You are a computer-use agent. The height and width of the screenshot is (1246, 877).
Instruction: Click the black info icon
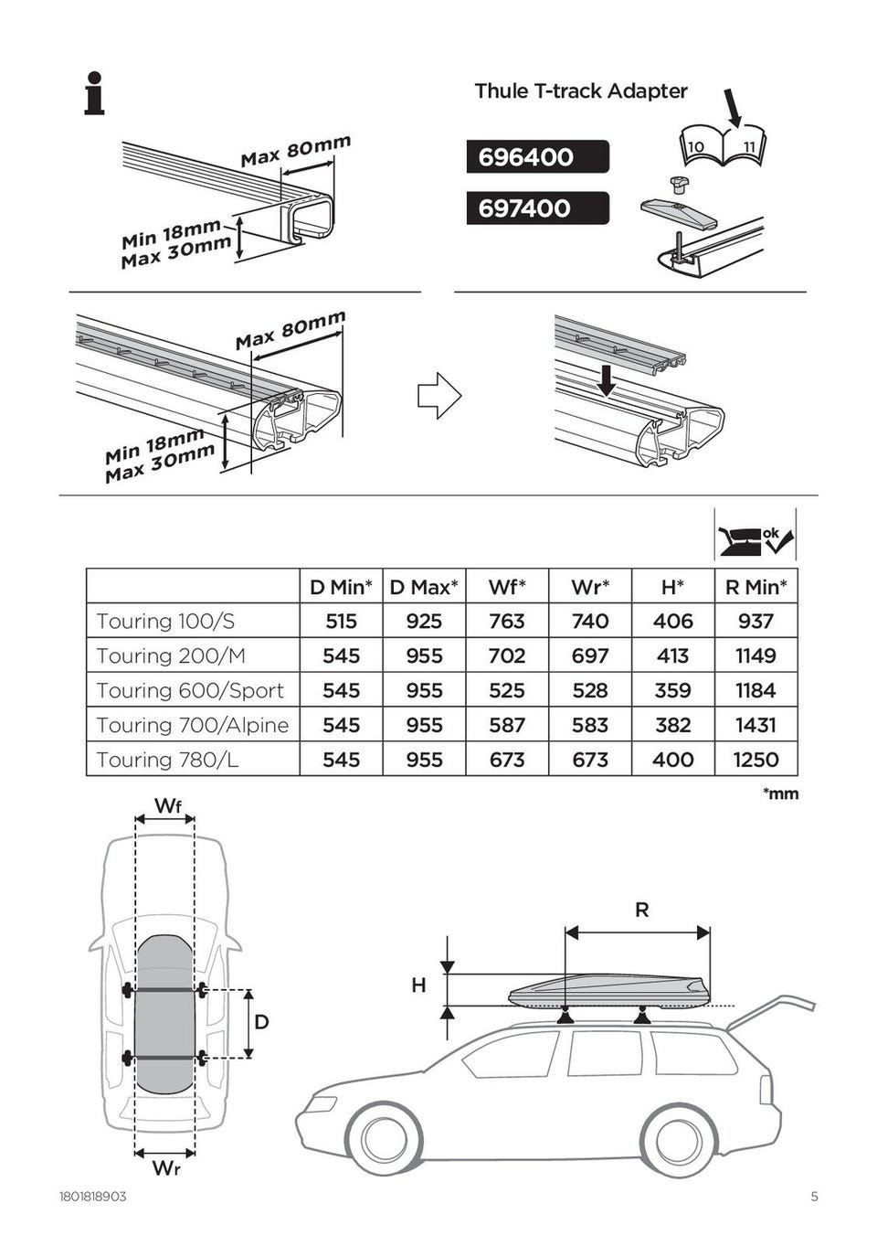coord(94,93)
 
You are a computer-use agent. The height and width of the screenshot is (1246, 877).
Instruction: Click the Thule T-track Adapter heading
coord(580,91)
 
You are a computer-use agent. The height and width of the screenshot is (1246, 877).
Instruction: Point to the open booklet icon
coord(722,146)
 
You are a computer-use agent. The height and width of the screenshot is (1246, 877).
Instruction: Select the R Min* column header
coord(755,587)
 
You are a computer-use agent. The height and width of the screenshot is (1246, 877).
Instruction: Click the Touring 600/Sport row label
coord(190,690)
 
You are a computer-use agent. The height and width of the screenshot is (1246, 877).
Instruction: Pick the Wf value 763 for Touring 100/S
coord(506,622)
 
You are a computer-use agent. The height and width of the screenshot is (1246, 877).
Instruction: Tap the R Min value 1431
coord(755,725)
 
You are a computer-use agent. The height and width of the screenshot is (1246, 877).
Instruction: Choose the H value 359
coord(672,690)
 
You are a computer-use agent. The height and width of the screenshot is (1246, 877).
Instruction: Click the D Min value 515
coord(341,622)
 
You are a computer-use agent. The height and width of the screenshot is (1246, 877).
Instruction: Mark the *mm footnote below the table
coord(780,793)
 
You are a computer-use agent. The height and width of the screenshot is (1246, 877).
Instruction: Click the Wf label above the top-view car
coord(167,805)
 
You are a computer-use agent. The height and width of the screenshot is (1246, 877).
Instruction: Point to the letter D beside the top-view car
coord(261,1021)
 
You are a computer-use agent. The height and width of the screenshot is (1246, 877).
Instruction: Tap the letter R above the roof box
coord(641,910)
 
